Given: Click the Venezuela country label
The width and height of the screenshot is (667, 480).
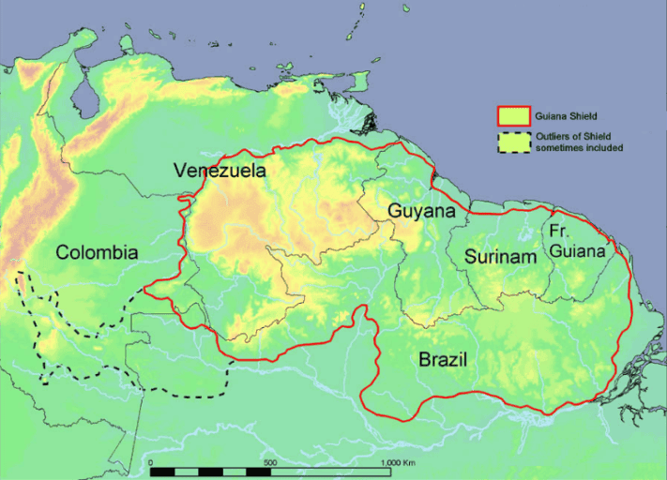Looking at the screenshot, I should tap(220, 171).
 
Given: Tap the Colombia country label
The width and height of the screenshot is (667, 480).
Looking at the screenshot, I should tap(97, 252).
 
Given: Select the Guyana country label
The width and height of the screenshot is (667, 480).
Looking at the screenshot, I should tap(422, 212).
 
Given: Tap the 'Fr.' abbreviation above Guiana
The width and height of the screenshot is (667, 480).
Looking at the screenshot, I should tap(560, 231).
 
